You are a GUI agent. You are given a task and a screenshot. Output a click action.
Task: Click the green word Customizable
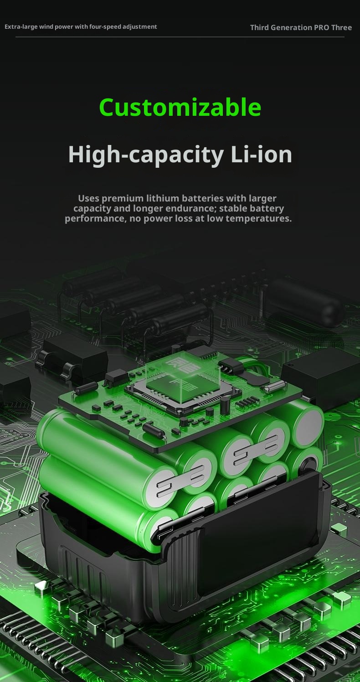click(180, 107)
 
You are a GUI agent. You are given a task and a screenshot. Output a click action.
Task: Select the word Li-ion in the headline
click(262, 154)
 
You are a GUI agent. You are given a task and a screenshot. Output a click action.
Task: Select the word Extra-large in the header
click(21, 27)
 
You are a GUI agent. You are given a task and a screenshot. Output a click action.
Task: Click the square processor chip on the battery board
click(183, 391)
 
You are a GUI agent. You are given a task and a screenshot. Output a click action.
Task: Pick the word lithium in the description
click(158, 198)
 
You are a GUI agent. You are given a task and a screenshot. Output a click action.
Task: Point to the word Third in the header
click(260, 27)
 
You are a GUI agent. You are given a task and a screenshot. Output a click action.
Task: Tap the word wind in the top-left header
click(46, 27)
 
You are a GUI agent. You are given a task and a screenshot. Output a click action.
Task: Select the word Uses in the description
click(88, 198)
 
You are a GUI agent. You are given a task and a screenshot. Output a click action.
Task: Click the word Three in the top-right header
click(341, 27)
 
